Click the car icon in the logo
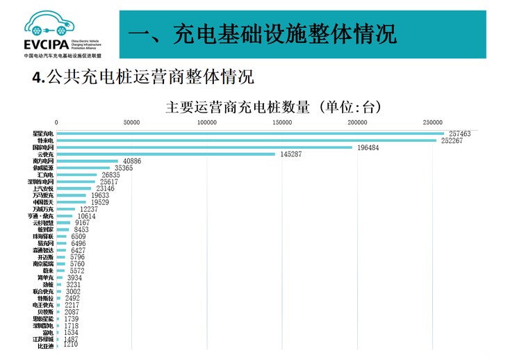coord(47,24)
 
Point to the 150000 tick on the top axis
coord(282,123)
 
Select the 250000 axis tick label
coord(432,123)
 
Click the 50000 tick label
coord(131,123)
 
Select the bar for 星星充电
coord(250,133)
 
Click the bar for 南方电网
coord(87,161)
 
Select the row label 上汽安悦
coord(43,188)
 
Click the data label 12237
coord(89,208)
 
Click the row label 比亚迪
coord(45,345)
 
